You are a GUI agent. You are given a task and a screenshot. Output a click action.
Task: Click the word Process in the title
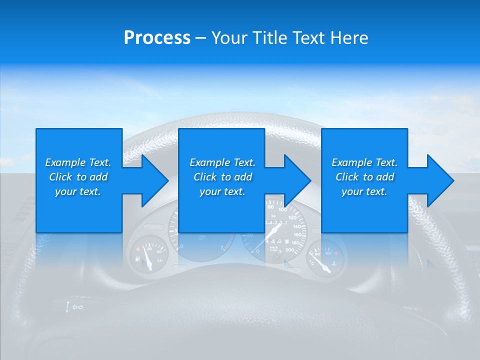click(x=157, y=38)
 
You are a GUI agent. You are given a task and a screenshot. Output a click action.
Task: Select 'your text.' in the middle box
click(x=222, y=191)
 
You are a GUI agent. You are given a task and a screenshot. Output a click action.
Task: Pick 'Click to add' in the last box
click(x=365, y=177)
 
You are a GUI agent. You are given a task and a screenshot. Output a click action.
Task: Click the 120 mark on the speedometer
click(x=295, y=218)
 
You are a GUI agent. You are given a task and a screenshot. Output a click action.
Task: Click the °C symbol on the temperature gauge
click(x=312, y=262)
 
